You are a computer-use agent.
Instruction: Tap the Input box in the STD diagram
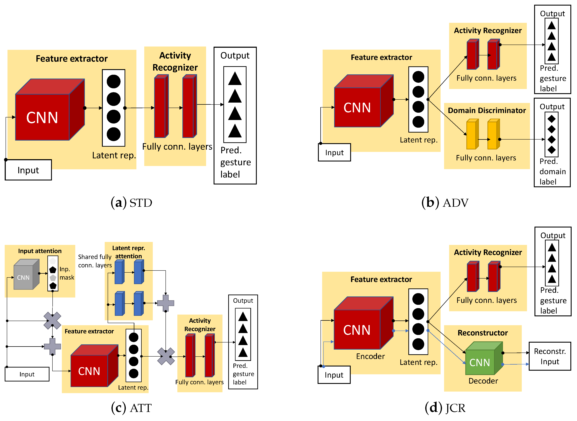(28, 170)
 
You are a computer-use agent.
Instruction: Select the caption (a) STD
(131, 203)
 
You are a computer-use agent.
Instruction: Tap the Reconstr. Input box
(549, 356)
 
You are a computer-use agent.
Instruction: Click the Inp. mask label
(67, 273)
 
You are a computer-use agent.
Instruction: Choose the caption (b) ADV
(445, 203)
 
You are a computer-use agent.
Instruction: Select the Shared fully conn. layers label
(95, 261)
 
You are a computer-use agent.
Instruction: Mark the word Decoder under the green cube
(483, 381)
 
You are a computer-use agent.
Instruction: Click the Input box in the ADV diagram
(334, 152)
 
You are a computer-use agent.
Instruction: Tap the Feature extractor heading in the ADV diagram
(381, 57)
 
